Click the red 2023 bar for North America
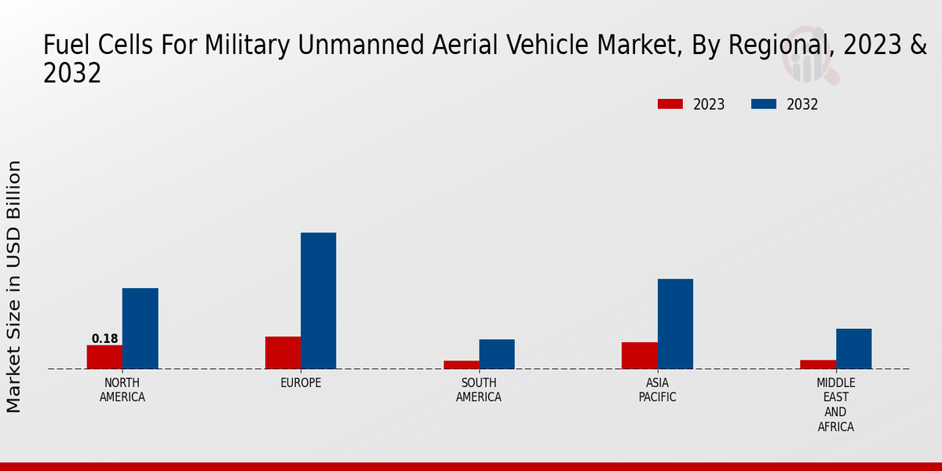(x=104, y=357)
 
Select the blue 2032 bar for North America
(x=140, y=328)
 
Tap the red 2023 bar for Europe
(x=283, y=352)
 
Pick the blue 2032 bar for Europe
(x=318, y=301)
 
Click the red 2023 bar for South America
(x=461, y=364)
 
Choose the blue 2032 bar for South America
(x=497, y=354)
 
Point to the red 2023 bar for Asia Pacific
(x=639, y=356)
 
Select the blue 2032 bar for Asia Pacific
(x=675, y=323)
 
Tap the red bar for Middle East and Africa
(x=818, y=364)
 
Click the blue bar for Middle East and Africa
(x=853, y=349)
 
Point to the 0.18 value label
(x=104, y=339)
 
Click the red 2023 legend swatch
(x=670, y=104)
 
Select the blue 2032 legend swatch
(x=764, y=104)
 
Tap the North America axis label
(x=122, y=390)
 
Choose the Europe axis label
(x=301, y=383)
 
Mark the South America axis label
(x=479, y=390)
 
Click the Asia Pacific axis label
(x=657, y=390)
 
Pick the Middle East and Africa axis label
(x=835, y=405)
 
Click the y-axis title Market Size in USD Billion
(x=14, y=287)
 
